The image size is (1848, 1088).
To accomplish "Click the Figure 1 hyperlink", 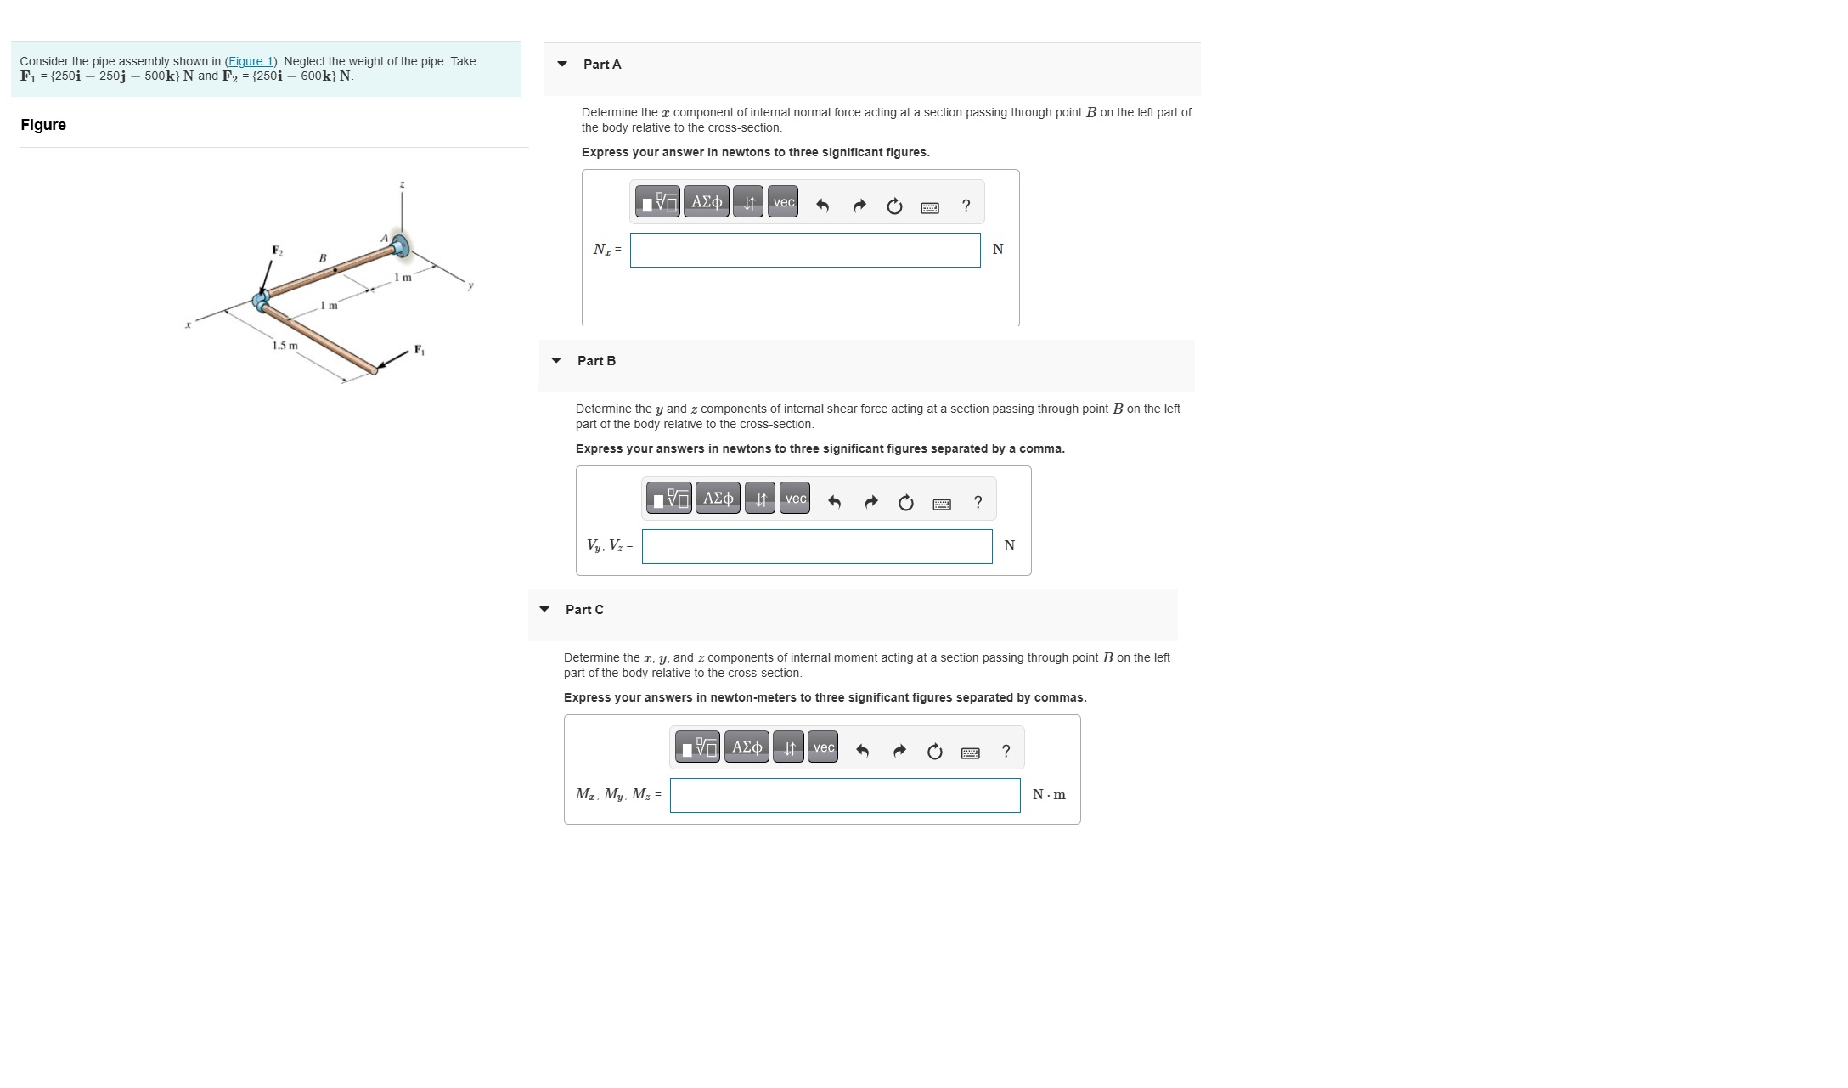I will click(x=250, y=61).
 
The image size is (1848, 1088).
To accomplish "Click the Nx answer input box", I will click(x=804, y=250).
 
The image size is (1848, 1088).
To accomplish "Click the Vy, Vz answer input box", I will click(x=816, y=546).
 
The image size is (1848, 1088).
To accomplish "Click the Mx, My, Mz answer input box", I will click(x=844, y=795).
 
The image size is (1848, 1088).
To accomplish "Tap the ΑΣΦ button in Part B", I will click(x=718, y=498).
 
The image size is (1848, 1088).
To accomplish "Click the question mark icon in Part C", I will click(x=1006, y=751).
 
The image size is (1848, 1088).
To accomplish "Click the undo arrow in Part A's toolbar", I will click(x=822, y=206).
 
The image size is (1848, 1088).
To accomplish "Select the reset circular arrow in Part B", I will click(x=905, y=503).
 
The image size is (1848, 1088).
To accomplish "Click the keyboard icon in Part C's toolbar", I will click(x=970, y=753).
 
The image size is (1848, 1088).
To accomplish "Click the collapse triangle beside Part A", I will click(x=562, y=64).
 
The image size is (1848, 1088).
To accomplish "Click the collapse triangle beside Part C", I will click(x=544, y=609).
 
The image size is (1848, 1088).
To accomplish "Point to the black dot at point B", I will click(x=335, y=270).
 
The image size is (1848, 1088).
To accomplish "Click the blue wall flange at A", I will click(x=400, y=247).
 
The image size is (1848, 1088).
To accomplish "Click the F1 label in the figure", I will click(x=419, y=349).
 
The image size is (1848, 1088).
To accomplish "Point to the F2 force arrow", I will click(x=267, y=275).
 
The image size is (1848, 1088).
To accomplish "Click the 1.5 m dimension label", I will click(x=285, y=346).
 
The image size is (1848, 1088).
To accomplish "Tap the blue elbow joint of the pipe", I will click(x=262, y=299).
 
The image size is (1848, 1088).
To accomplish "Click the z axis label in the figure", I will click(x=403, y=184).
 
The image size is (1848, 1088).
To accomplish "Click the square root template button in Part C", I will click(x=697, y=747).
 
